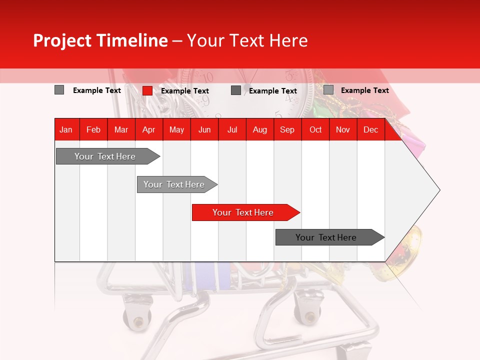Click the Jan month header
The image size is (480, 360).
pos(66,130)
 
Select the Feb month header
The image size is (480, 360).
pos(93,130)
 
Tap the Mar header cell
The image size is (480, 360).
pos(121,130)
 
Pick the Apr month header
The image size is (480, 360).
pos(148,130)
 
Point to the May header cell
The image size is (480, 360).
pos(176,130)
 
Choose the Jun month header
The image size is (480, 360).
pos(204,130)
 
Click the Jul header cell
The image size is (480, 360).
pos(232,130)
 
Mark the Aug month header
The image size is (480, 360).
pos(259,130)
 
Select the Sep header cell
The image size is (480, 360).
pos(287,130)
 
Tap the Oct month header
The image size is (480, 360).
pos(315,130)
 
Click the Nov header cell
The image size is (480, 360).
pos(343,130)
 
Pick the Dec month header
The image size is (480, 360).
pos(370,130)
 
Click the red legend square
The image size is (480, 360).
pos(147,90)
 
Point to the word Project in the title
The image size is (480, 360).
pos(62,40)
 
